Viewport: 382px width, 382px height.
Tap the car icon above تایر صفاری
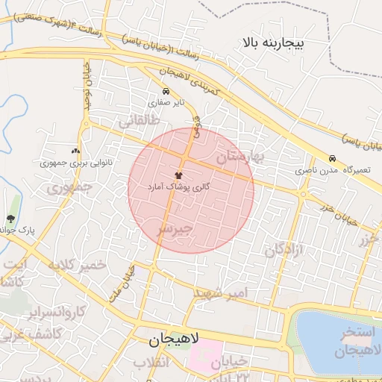pos(165,91)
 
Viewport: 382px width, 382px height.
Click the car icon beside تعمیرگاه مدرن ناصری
pos(331,158)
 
